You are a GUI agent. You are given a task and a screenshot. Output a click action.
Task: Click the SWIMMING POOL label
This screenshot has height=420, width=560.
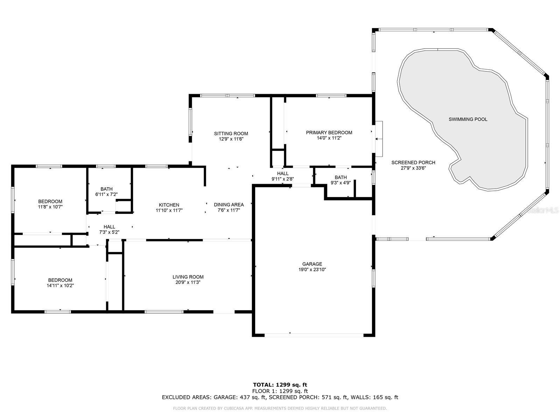pos(468,119)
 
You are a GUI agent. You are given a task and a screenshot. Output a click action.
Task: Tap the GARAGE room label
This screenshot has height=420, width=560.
pos(312,264)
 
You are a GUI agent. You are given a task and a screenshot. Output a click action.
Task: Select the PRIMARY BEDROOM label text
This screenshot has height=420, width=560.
pos(329,132)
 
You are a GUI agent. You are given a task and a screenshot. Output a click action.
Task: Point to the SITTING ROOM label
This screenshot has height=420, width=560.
pos(231,133)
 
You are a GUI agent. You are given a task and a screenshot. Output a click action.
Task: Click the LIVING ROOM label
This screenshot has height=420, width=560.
pos(188,277)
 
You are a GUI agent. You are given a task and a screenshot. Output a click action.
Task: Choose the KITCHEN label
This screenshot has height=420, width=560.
pos(169,205)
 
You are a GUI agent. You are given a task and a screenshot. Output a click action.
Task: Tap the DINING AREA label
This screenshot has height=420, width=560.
pos(229,204)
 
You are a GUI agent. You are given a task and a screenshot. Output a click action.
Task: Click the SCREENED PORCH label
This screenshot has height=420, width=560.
pos(413,162)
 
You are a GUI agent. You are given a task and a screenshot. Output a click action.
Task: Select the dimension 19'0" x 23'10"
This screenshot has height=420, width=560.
pos(312,269)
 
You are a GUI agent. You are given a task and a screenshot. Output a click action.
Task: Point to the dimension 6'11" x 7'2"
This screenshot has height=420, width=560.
pos(106,194)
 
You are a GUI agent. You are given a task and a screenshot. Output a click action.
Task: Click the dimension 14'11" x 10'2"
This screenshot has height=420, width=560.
pos(60,285)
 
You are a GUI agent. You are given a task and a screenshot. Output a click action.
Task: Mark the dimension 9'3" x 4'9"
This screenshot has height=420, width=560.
pos(341,183)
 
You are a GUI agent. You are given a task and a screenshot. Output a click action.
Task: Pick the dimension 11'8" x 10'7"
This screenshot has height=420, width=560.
pos(50,207)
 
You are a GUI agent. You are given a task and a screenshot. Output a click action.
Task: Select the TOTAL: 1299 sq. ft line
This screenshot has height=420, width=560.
pos(280,385)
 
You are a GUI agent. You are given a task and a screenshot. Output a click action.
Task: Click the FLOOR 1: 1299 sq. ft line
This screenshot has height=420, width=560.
pos(280,391)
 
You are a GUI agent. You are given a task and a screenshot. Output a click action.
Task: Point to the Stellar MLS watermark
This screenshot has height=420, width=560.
pos(542,210)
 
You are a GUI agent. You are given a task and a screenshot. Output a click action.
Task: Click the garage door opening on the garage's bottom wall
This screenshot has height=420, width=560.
pos(314,335)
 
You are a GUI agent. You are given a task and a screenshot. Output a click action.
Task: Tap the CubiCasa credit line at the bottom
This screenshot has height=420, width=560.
pos(280,408)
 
